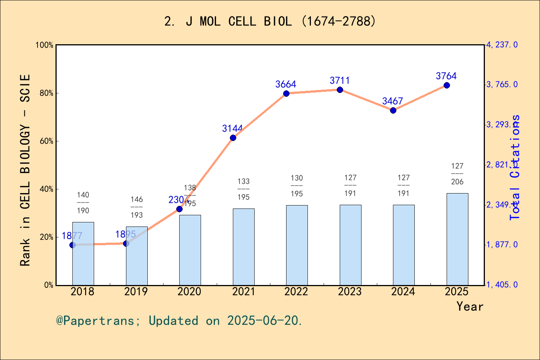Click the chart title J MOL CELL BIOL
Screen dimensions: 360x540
(270, 21)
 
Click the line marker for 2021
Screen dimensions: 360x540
(233, 138)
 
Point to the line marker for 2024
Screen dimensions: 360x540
(393, 110)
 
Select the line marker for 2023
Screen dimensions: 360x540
(340, 90)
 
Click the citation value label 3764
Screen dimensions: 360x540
(446, 76)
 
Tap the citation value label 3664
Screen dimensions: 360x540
(286, 84)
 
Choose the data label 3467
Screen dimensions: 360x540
(393, 101)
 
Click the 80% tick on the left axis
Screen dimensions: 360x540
(46, 93)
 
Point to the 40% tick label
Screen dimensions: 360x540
(46, 189)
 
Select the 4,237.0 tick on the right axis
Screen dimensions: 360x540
(502, 45)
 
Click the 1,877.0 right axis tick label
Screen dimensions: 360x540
(502, 244)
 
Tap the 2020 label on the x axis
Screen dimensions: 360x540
(189, 291)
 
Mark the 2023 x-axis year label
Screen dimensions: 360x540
(350, 291)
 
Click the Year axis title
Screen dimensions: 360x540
(470, 306)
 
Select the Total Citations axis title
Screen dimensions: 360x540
(515, 167)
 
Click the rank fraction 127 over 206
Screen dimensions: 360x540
(457, 174)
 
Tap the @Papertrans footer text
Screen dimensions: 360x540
(179, 321)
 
